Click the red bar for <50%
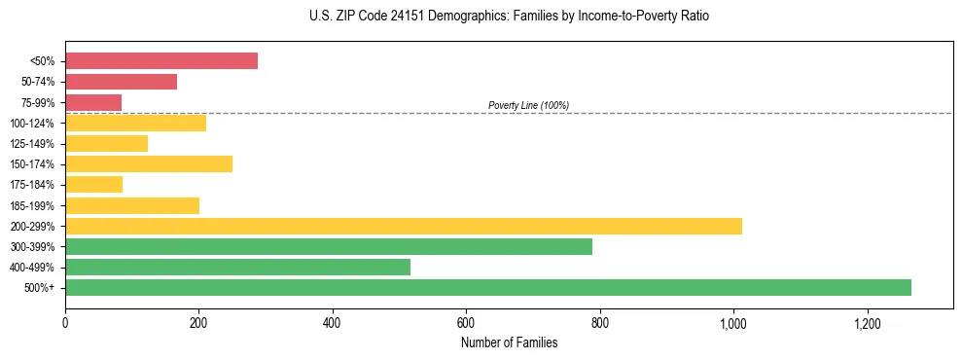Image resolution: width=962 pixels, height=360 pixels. (x=161, y=61)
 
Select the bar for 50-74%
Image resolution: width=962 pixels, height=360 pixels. (x=121, y=82)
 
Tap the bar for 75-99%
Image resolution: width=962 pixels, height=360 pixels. (x=93, y=102)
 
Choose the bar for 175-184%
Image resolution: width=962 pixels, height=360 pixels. (x=93, y=184)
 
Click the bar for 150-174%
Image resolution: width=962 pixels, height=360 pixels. (x=149, y=163)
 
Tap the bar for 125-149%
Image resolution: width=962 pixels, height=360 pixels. (x=106, y=143)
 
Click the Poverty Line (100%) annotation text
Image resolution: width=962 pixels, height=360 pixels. (x=528, y=105)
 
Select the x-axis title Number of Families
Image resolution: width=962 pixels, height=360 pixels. (x=509, y=342)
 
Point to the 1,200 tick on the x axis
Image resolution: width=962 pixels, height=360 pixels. (x=867, y=322)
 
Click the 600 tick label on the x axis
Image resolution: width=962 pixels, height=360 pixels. (x=466, y=322)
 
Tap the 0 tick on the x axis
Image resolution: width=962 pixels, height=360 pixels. (x=65, y=322)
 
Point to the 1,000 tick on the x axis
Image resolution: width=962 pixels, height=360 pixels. (x=733, y=322)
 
